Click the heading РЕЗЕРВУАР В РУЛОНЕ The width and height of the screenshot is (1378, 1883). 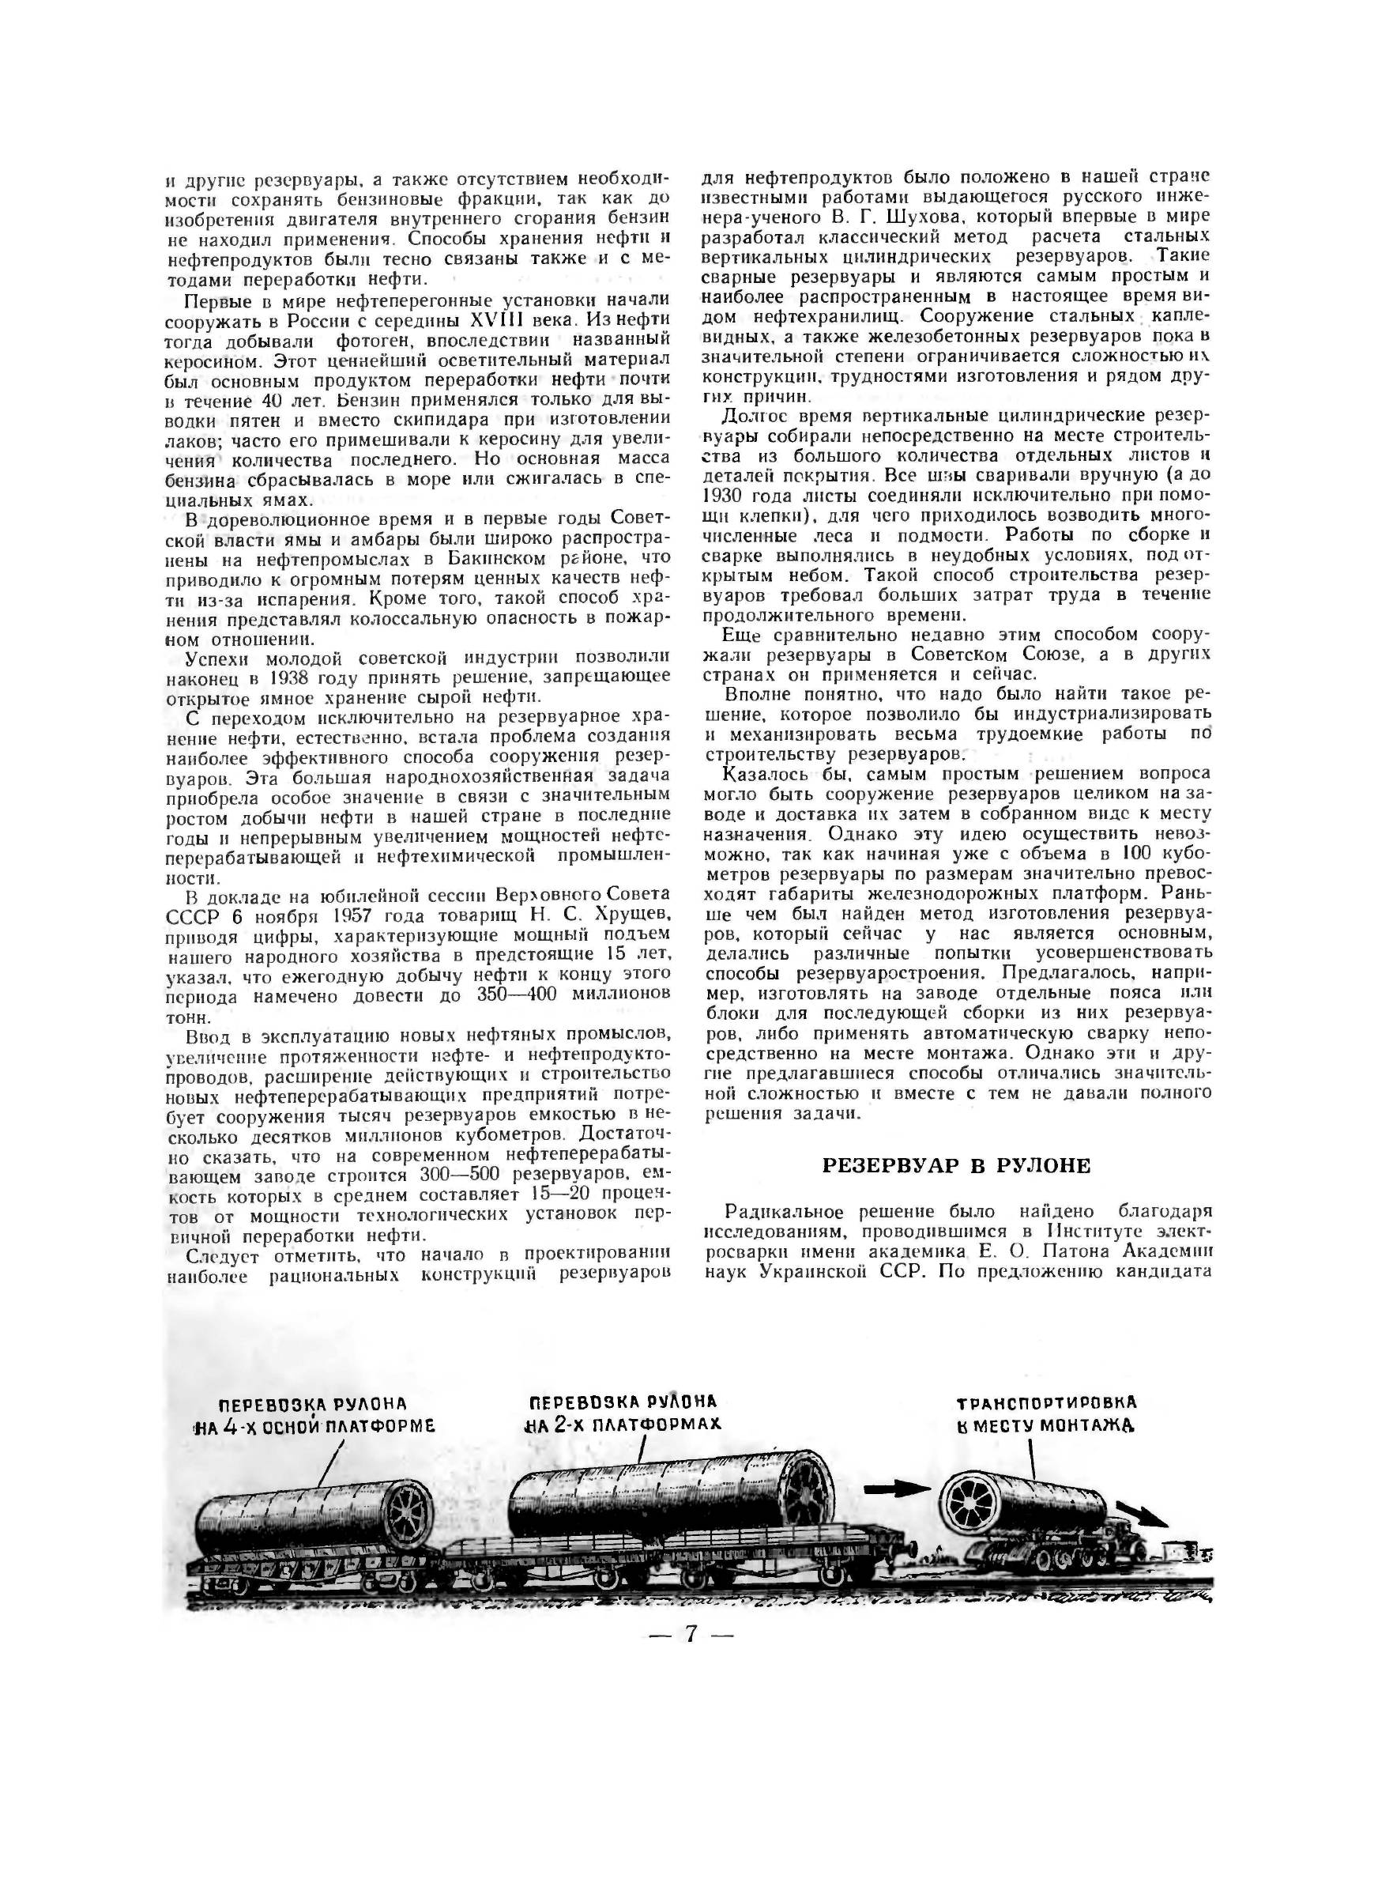[957, 1165]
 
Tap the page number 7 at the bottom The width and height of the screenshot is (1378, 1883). [690, 1633]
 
